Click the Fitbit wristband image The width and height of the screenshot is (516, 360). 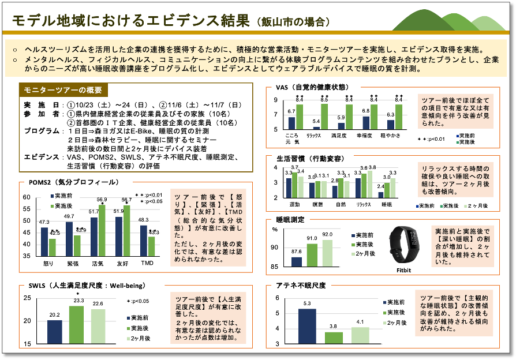pos(403,245)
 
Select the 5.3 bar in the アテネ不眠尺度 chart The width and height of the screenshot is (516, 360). pos(307,326)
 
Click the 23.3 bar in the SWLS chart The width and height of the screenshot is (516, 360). pos(78,325)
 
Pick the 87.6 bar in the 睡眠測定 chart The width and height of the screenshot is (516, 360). pos(297,261)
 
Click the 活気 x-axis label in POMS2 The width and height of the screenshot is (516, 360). pos(98,263)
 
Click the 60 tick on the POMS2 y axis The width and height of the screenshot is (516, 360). pos(26,197)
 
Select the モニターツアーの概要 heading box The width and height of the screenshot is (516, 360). pos(63,90)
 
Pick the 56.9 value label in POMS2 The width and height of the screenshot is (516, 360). pos(102,200)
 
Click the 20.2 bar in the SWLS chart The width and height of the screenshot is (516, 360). pos(54,332)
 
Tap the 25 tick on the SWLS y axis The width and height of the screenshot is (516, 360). pos(27,298)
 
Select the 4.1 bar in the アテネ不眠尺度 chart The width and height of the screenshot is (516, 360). pos(360,335)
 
